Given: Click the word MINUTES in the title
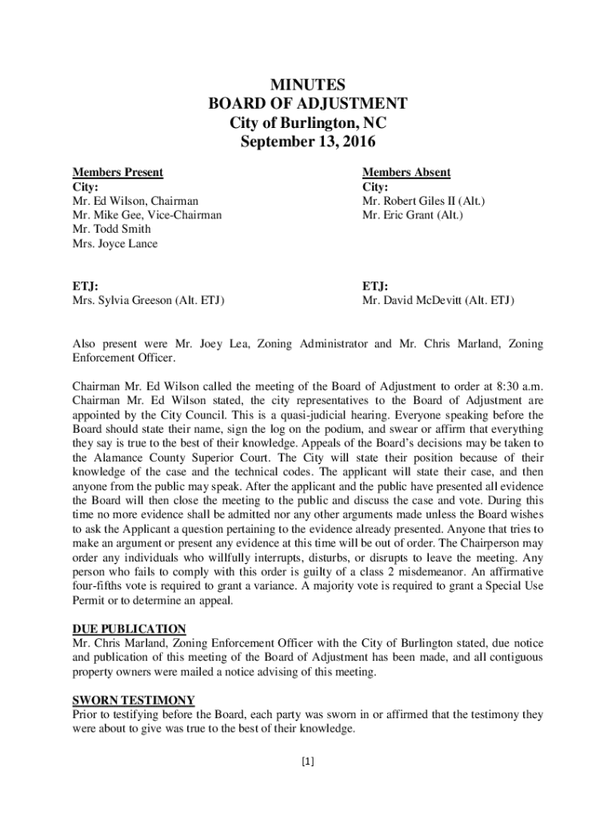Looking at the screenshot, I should coord(308,85).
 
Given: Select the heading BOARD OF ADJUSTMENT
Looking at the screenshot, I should coord(308,104).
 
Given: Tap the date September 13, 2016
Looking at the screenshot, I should coord(308,143).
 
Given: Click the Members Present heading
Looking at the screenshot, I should coord(118,172).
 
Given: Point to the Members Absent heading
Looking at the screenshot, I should coord(406,172).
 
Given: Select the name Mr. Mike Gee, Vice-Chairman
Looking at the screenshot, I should coord(147,215).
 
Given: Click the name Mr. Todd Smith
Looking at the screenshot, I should coord(111,230).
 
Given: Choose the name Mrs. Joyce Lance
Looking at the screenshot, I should coord(114,244).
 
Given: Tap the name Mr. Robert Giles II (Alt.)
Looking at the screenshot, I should coord(423,201).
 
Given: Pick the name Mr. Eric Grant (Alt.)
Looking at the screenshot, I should coord(412,215).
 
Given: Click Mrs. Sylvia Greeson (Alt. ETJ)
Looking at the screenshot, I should coord(148,301).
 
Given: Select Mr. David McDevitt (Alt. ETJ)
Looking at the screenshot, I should coord(438,301).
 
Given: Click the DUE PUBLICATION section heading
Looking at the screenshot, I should coord(129,629).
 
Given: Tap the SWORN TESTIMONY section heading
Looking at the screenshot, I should coord(133,700).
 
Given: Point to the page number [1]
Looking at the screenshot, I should coord(308,762).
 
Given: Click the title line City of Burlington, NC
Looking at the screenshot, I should coord(308,124).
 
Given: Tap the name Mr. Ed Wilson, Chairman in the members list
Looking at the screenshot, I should coord(135,201).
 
